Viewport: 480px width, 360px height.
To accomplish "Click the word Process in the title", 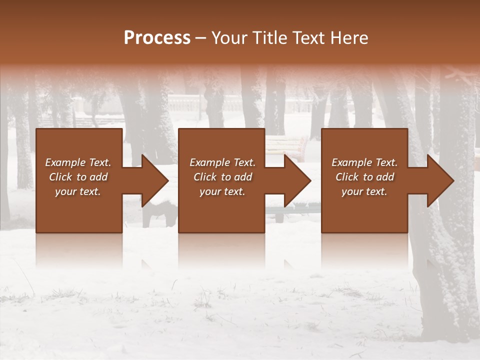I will pyautogui.click(x=157, y=38).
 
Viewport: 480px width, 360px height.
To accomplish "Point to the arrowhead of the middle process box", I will pyautogui.click(x=297, y=180).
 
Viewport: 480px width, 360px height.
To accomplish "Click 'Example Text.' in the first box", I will pyautogui.click(x=78, y=162).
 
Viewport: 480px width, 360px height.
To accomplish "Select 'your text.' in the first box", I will pyautogui.click(x=78, y=191).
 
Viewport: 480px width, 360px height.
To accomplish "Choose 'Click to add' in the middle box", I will pyautogui.click(x=222, y=177).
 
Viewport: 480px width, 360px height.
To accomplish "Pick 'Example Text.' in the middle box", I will pyautogui.click(x=222, y=162).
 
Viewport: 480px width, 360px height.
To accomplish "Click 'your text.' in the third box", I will pyautogui.click(x=364, y=191).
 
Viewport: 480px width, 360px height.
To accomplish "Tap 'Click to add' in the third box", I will pyautogui.click(x=364, y=177).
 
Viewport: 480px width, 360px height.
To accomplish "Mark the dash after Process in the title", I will pyautogui.click(x=201, y=38).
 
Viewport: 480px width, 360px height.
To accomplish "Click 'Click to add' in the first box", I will pyautogui.click(x=78, y=177).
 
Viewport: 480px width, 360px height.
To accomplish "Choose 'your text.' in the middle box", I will pyautogui.click(x=222, y=191).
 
